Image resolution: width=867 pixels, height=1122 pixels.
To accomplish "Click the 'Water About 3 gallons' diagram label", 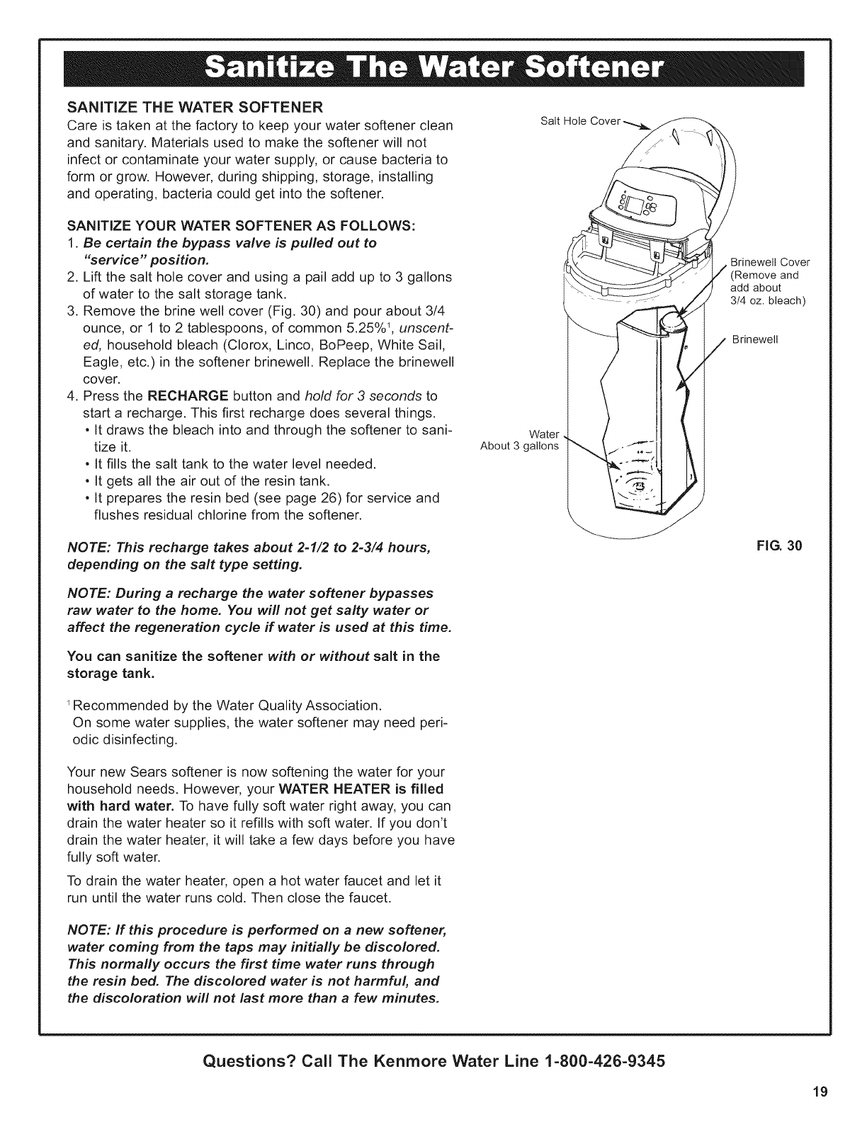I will pyautogui.click(x=520, y=440).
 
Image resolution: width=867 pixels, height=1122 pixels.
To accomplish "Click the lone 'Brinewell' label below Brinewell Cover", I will pyautogui.click(x=755, y=339).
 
